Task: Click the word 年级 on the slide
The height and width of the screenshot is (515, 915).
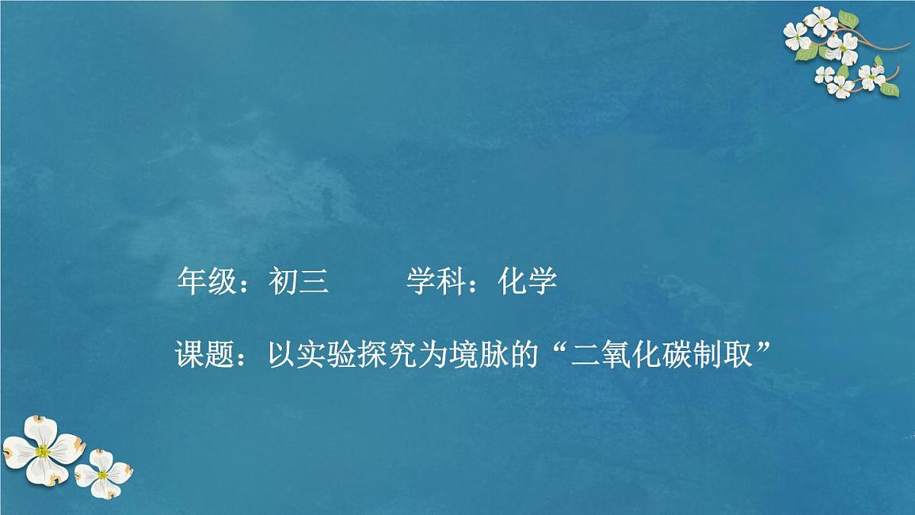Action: pos(199,282)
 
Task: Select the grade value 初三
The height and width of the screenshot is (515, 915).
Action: pos(298,282)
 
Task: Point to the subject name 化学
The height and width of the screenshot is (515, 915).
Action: pos(528,282)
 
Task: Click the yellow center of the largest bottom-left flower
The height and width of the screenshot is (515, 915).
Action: pos(43,451)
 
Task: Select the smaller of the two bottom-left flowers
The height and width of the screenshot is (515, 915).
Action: pos(103,474)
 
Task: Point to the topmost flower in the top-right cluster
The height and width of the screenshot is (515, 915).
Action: pos(820,20)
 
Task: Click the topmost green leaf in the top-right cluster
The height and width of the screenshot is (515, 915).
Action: pos(848,18)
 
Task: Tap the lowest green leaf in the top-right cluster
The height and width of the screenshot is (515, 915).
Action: pos(889,89)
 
